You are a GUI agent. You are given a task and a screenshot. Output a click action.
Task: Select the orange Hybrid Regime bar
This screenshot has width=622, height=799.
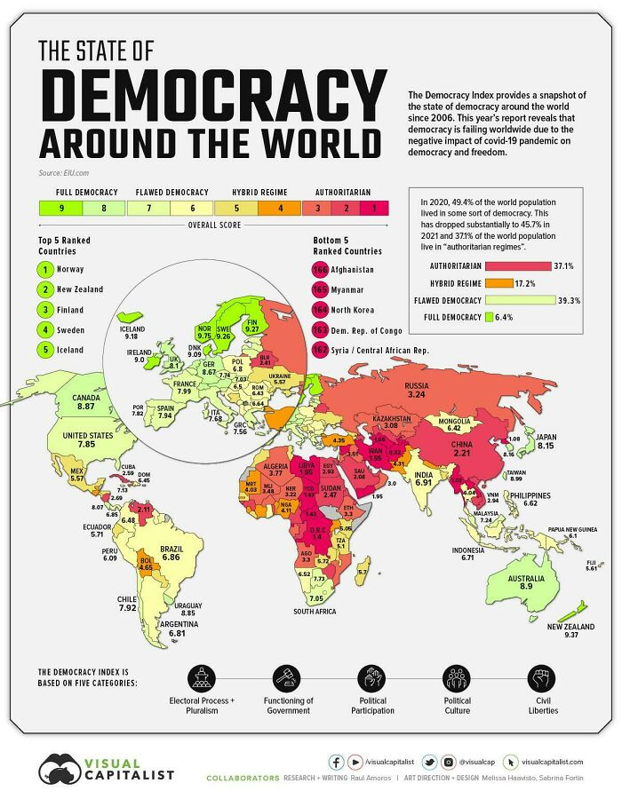tap(500, 282)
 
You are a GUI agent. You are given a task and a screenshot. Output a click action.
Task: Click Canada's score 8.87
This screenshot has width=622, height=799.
tap(86, 406)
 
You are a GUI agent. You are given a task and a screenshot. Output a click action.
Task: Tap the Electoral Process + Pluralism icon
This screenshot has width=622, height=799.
tap(202, 678)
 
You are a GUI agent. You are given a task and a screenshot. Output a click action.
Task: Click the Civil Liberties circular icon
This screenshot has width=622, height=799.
tap(540, 678)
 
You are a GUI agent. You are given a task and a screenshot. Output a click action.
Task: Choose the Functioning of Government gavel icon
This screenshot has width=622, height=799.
tap(289, 678)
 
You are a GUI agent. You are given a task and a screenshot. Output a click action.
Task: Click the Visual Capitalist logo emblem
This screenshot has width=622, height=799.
tap(60, 768)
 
